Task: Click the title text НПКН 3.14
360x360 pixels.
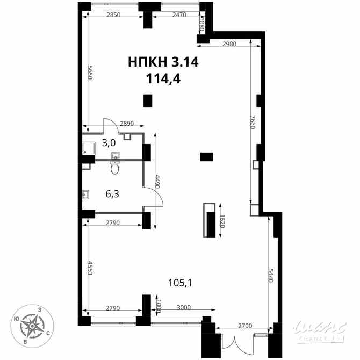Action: point(163,62)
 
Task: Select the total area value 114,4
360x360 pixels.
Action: point(163,78)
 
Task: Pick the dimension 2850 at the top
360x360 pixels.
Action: point(113,15)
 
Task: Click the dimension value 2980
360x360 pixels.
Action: point(229,44)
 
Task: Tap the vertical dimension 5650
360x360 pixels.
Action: point(91,71)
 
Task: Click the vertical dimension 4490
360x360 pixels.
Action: point(157,183)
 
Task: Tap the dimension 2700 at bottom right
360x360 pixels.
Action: point(244,326)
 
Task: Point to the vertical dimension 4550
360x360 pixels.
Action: point(91,269)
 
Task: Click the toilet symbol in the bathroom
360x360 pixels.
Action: point(114,168)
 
